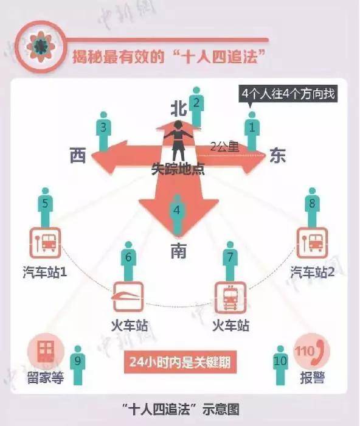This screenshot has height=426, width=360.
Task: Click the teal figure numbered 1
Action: (x=252, y=131)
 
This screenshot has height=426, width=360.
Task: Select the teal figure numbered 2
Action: (x=196, y=106)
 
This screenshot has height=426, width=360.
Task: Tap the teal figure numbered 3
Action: (x=103, y=131)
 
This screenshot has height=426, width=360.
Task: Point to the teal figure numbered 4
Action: (x=177, y=215)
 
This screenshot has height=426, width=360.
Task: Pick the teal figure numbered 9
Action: (x=78, y=365)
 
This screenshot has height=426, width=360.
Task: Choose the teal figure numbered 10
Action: (x=280, y=365)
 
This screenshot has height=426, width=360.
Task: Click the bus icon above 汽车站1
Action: (x=45, y=243)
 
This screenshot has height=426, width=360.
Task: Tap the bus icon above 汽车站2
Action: (x=312, y=243)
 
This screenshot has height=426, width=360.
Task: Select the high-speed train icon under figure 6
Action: (x=128, y=297)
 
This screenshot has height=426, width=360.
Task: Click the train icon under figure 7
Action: (x=230, y=297)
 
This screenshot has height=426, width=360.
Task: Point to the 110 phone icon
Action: (x=312, y=351)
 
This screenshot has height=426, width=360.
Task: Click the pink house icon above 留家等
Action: (x=46, y=351)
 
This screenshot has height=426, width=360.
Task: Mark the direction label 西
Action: (x=78, y=155)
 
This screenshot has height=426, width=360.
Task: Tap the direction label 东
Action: (x=277, y=155)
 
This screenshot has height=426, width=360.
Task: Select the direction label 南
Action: (x=178, y=251)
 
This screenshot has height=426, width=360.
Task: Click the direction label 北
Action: (x=179, y=109)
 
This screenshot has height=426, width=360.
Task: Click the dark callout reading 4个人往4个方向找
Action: (x=288, y=94)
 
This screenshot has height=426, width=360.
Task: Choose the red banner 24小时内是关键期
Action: (x=180, y=362)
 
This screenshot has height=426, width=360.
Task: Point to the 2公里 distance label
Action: (x=224, y=147)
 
